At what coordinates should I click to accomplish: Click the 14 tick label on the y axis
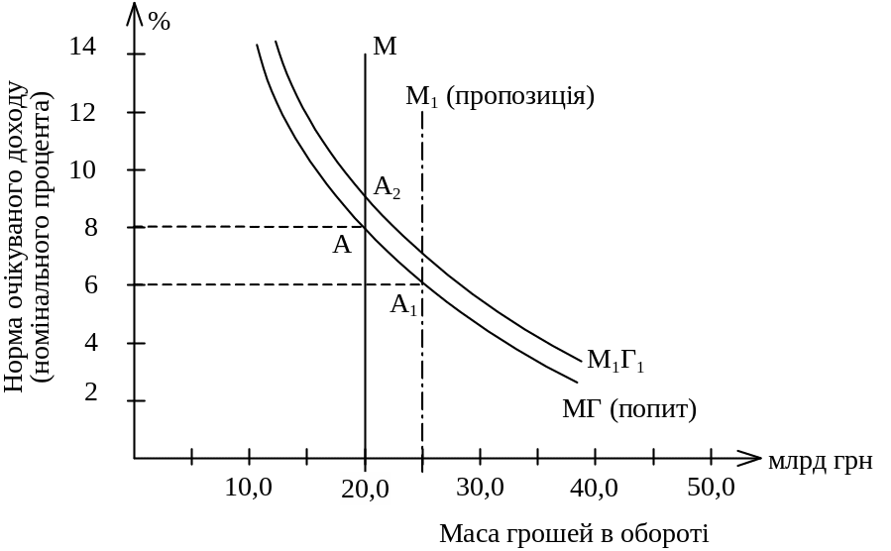pyautogui.click(x=84, y=46)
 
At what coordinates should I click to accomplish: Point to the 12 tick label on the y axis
pyautogui.click(x=84, y=111)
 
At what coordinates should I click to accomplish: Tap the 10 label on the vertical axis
pyautogui.click(x=84, y=169)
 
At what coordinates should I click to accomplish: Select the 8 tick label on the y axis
pyautogui.click(x=92, y=227)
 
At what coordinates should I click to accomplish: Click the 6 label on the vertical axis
pyautogui.click(x=92, y=284)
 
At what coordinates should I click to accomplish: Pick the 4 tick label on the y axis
pyautogui.click(x=92, y=343)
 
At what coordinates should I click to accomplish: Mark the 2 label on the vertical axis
pyautogui.click(x=92, y=392)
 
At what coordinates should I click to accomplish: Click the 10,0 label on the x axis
pyautogui.click(x=249, y=488)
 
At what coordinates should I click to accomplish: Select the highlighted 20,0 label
pyautogui.click(x=366, y=488)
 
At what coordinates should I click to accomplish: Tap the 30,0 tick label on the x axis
pyautogui.click(x=480, y=488)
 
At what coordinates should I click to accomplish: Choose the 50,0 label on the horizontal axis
pyautogui.click(x=710, y=488)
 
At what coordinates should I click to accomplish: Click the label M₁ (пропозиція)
pyautogui.click(x=500, y=97)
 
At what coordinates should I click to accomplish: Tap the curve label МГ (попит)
pyautogui.click(x=629, y=408)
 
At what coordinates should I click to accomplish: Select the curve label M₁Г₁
pyautogui.click(x=614, y=360)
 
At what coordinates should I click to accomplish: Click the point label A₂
pyautogui.click(x=387, y=187)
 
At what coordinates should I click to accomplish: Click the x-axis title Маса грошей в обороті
pyautogui.click(x=575, y=533)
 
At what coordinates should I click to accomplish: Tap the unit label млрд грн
pyautogui.click(x=819, y=461)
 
